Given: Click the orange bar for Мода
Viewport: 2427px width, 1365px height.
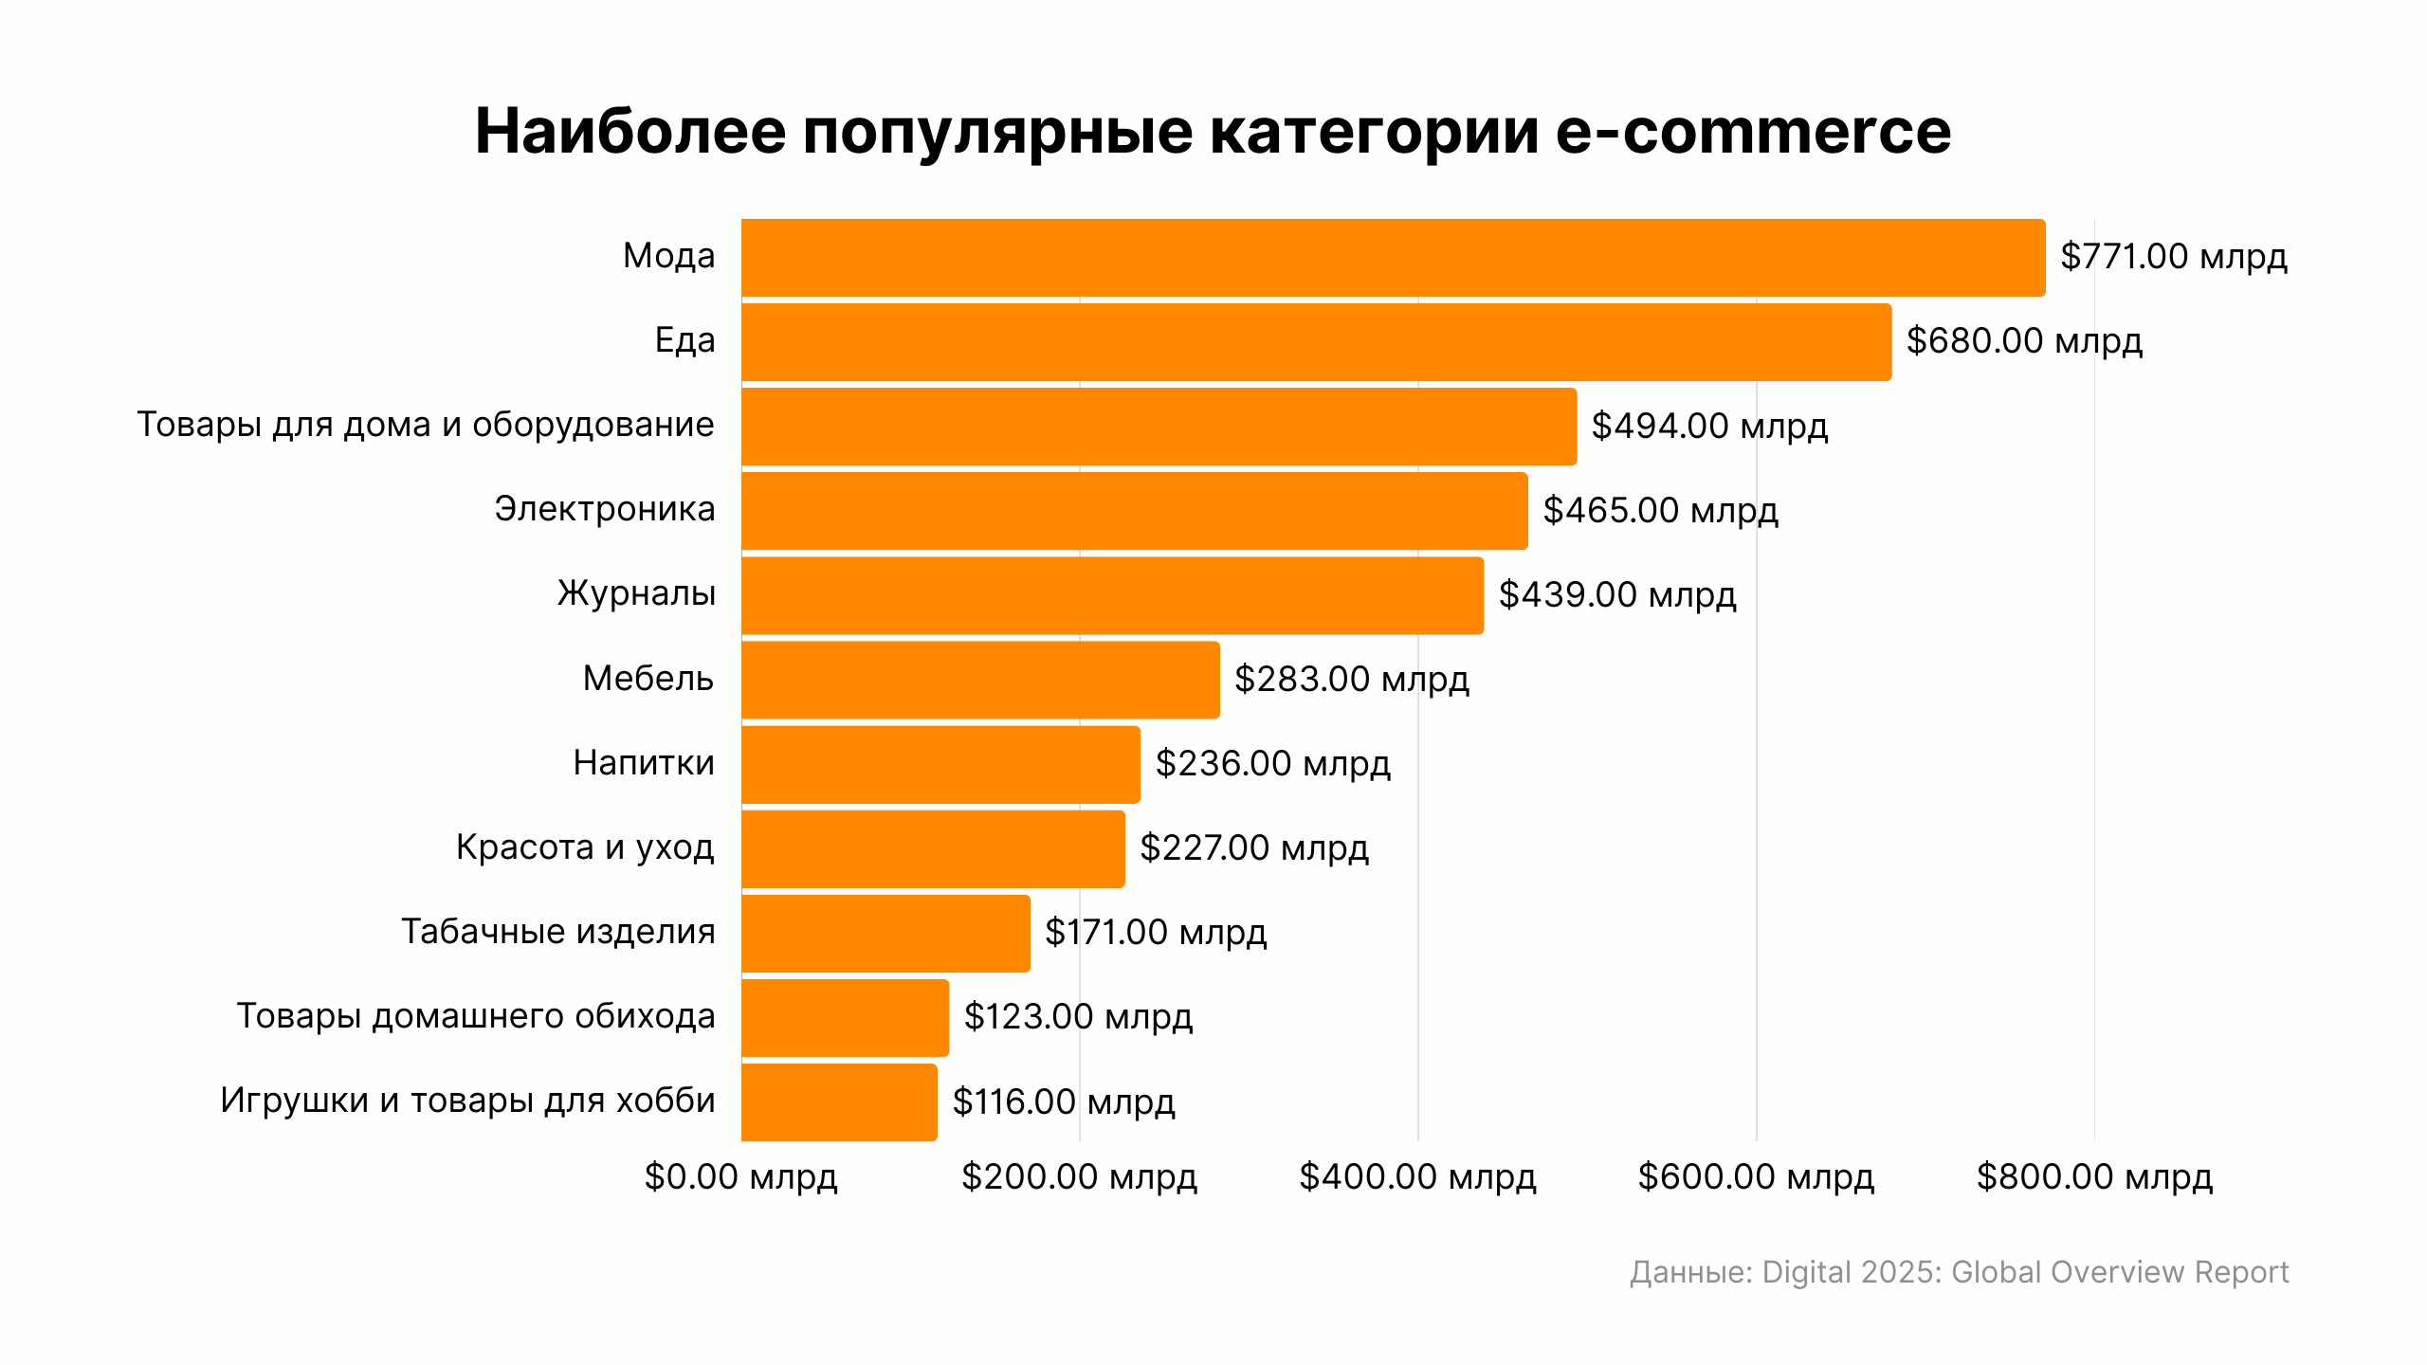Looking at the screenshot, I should click(x=1393, y=258).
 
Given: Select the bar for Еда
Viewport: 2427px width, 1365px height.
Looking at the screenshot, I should click(x=1316, y=342).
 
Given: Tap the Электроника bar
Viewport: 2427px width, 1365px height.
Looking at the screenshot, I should click(x=1134, y=511).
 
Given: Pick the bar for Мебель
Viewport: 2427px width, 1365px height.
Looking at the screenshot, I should click(x=980, y=680).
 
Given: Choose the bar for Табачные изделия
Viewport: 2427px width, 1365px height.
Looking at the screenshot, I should click(x=885, y=934).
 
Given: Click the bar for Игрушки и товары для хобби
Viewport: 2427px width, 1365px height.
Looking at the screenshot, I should click(x=839, y=1102).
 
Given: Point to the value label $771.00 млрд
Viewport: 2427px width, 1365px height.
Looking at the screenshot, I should click(x=2173, y=257).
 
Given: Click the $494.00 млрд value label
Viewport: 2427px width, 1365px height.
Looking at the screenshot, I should click(x=1708, y=427).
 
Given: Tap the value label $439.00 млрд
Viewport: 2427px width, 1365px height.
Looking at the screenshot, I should click(x=1616, y=595).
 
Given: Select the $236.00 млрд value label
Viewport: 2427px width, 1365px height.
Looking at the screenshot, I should click(x=1272, y=764).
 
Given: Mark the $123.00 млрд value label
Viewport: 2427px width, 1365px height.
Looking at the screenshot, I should click(x=1078, y=1017).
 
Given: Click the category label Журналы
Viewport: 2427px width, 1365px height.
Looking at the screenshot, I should click(x=636, y=594).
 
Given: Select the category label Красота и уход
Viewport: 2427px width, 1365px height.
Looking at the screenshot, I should click(x=585, y=847).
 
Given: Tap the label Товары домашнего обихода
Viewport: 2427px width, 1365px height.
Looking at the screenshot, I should click(x=476, y=1016).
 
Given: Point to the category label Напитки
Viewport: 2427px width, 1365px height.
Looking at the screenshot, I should click(x=644, y=763).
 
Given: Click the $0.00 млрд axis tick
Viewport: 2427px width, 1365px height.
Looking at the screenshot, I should click(x=740, y=1177).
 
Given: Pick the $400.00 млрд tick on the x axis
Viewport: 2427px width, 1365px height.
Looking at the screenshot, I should click(x=1417, y=1177).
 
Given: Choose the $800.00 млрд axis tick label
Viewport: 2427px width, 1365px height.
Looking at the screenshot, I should click(x=2094, y=1177).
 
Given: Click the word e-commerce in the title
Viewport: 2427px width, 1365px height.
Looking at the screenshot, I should click(x=1753, y=131).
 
